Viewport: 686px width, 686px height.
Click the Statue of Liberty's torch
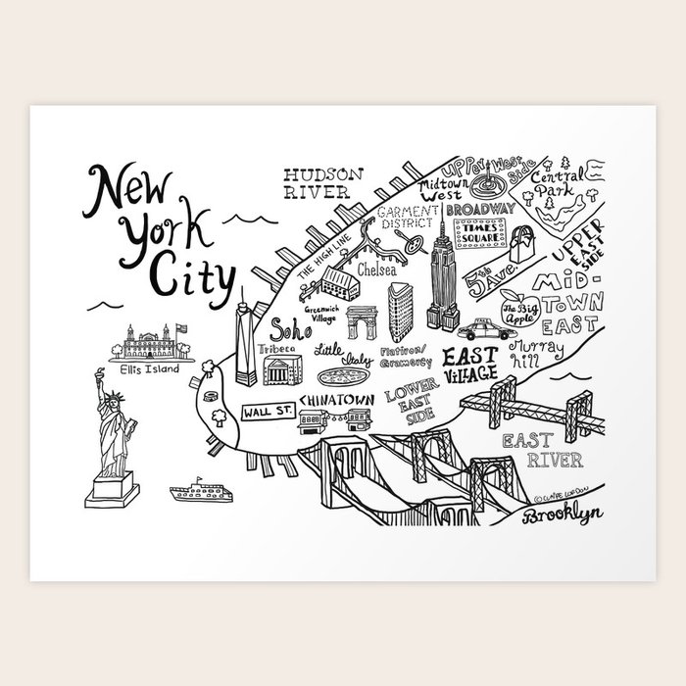pos(98,371)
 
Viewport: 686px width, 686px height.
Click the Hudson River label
pos(322,182)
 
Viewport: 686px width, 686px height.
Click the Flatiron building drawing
pos(399,311)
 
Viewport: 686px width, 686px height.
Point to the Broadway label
pos(479,209)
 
